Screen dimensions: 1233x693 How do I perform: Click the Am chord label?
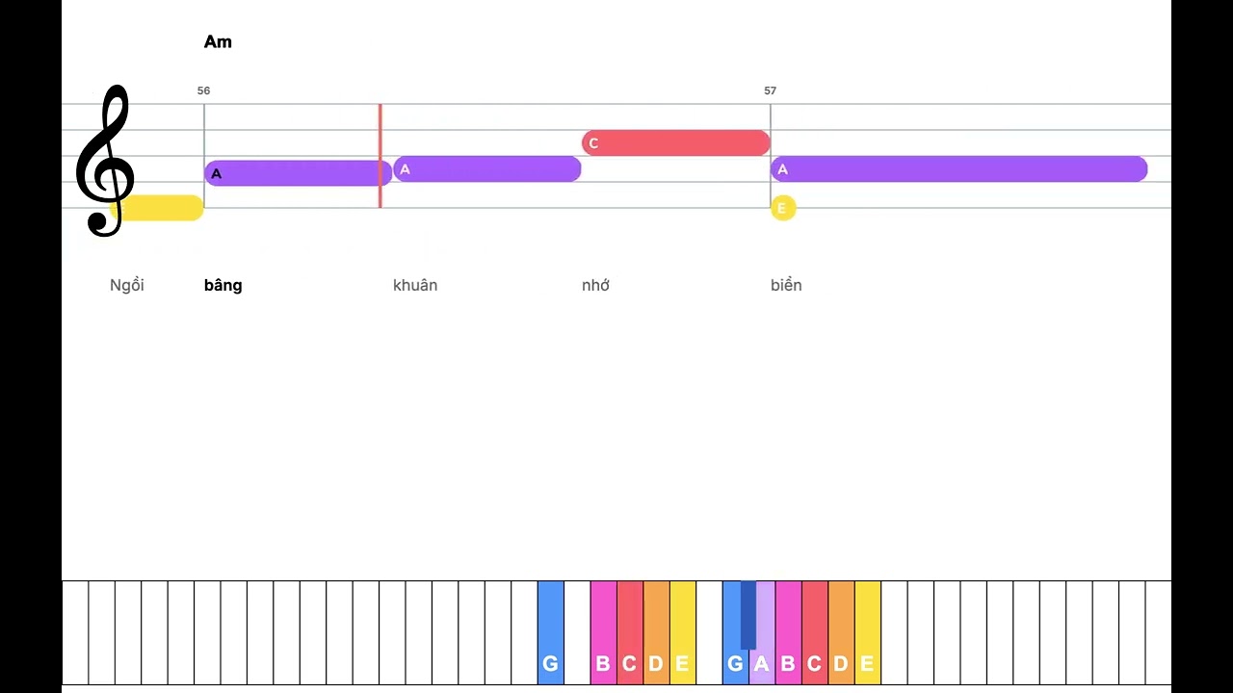click(x=218, y=41)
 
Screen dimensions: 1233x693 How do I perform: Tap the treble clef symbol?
click(x=105, y=161)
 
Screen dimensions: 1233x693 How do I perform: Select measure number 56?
click(x=203, y=90)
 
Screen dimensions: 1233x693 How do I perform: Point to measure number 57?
click(x=770, y=90)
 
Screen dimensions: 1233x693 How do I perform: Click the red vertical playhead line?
click(x=380, y=156)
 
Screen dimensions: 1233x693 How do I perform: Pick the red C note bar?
click(x=676, y=143)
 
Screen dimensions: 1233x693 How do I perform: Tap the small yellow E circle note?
click(x=783, y=208)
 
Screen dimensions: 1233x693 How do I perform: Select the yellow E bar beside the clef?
click(x=157, y=208)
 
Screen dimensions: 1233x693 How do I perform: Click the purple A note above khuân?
click(x=487, y=168)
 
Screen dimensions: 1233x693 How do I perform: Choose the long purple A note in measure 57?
click(x=958, y=168)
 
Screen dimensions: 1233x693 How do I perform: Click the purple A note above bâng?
click(x=299, y=173)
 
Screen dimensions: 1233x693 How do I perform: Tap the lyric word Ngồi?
click(x=127, y=285)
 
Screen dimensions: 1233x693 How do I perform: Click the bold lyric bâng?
click(x=223, y=285)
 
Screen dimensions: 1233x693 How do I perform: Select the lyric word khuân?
click(x=415, y=285)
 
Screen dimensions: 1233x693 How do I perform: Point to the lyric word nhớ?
click(x=595, y=285)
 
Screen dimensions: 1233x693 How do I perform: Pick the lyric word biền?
click(x=786, y=285)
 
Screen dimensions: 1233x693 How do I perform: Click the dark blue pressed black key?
click(x=748, y=615)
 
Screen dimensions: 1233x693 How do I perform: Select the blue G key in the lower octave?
click(x=550, y=632)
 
